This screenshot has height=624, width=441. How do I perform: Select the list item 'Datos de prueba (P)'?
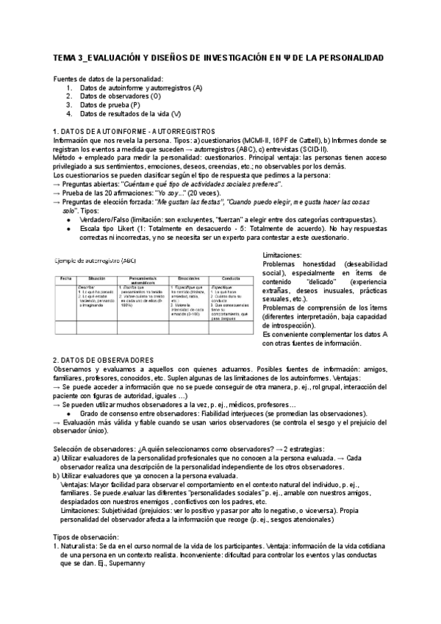pos(110,104)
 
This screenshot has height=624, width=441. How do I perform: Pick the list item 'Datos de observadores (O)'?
pos(121,96)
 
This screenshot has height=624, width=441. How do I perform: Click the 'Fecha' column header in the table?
pos(65,277)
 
